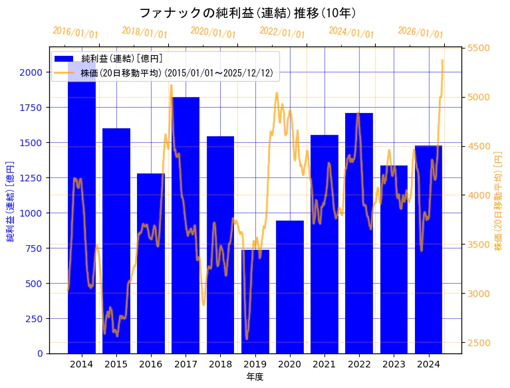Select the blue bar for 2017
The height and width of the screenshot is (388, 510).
186,226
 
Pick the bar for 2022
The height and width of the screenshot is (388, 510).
359,233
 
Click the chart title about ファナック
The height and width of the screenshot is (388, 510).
247,13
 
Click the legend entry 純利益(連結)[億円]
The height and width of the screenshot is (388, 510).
126,59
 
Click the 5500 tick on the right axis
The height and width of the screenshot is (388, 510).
478,48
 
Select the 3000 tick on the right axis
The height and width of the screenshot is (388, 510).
478,294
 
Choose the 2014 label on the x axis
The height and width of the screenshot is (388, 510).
81,364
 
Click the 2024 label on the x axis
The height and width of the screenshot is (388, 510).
428,364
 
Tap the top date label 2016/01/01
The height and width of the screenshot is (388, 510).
75,33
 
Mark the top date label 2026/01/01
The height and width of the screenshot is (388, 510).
420,33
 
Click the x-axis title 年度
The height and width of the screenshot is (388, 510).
255,377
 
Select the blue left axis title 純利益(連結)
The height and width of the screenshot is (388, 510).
10,201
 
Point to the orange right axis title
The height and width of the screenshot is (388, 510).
499,201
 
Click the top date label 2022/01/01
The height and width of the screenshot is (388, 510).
282,33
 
